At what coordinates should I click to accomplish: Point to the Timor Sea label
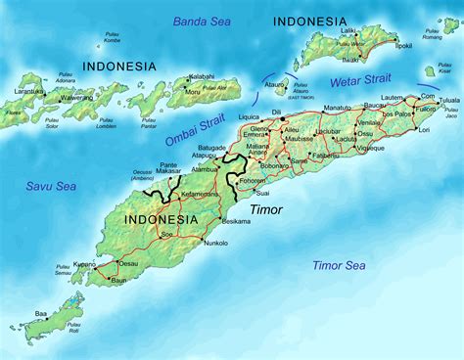339,265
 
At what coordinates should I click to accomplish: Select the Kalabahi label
202,75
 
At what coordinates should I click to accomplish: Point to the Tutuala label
447,100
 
